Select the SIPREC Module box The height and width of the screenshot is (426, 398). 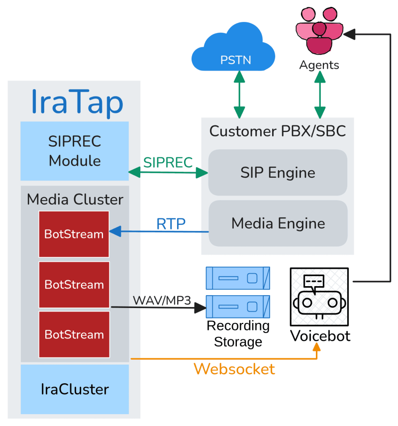(75, 151)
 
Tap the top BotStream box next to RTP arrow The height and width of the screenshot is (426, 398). (74, 234)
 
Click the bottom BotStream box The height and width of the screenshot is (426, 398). (74, 334)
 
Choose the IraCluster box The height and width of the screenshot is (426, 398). (75, 389)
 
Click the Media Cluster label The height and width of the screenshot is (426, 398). (75, 200)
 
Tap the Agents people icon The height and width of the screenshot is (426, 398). (319, 30)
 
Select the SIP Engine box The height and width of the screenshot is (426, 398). (278, 173)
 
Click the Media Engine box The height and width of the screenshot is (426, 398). (278, 223)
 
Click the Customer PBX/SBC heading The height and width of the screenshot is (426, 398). (277, 131)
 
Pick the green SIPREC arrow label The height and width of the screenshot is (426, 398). (168, 162)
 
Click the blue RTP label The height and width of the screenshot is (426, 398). (171, 224)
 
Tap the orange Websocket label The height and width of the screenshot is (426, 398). (234, 369)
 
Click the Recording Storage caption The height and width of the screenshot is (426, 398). (238, 334)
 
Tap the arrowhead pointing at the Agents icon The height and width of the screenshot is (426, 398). (350, 34)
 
